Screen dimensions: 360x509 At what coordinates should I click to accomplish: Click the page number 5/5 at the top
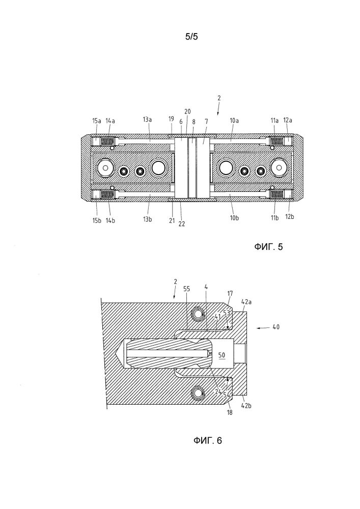point(191,37)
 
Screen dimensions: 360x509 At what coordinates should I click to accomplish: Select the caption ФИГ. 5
point(268,247)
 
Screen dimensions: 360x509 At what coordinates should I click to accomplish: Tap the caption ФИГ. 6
point(208,440)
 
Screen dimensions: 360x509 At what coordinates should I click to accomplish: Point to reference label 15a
point(97,121)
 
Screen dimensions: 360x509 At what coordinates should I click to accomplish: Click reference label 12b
point(290,216)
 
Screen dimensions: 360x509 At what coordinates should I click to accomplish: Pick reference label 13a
point(147,120)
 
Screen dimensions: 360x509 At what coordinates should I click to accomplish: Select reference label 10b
point(234,218)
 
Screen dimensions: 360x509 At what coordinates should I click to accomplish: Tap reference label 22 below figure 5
point(182,223)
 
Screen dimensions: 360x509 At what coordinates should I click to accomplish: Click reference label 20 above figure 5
point(187,111)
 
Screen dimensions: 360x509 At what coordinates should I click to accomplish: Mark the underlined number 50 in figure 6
point(221,355)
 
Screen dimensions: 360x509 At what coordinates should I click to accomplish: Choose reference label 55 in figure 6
point(187,289)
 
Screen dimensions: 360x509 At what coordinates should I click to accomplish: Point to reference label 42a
point(246,301)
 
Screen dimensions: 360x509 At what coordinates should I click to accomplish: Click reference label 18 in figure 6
point(230,413)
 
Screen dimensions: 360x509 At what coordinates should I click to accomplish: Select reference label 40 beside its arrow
point(276,327)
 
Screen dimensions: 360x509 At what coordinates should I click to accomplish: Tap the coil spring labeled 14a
point(107,142)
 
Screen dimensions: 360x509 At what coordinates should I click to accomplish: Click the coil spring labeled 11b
point(276,194)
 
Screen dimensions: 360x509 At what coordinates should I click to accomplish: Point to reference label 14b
point(110,220)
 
